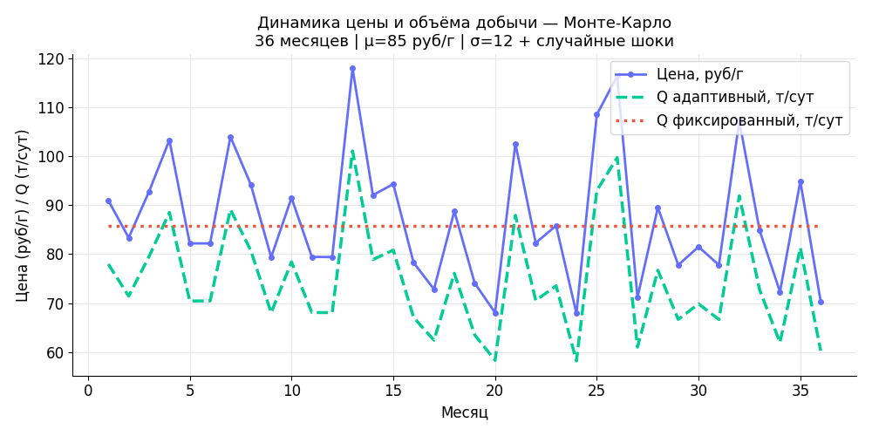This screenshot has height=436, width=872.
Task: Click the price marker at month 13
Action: pyautogui.click(x=352, y=68)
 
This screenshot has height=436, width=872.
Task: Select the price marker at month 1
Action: pyautogui.click(x=108, y=201)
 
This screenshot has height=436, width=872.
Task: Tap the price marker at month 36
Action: pyautogui.click(x=821, y=302)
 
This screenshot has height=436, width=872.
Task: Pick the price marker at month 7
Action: pyautogui.click(x=230, y=137)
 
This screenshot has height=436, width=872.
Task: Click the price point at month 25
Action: pyautogui.click(x=596, y=114)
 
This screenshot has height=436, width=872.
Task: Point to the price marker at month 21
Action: pyautogui.click(x=515, y=144)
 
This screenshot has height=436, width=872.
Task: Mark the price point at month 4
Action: pyautogui.click(x=169, y=140)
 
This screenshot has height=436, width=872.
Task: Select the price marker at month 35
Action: pyautogui.click(x=800, y=181)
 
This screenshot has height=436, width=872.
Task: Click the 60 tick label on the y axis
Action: pyautogui.click(x=55, y=352)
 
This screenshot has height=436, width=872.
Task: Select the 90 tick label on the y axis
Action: pyautogui.click(x=55, y=206)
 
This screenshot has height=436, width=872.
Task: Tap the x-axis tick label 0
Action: pyautogui.click(x=88, y=391)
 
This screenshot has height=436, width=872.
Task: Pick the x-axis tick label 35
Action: pyautogui.click(x=800, y=391)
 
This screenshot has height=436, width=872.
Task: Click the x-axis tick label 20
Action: pyautogui.click(x=495, y=391)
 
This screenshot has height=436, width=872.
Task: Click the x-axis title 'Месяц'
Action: pyautogui.click(x=464, y=412)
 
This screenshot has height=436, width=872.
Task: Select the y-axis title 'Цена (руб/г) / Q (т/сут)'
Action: pyautogui.click(x=24, y=215)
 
